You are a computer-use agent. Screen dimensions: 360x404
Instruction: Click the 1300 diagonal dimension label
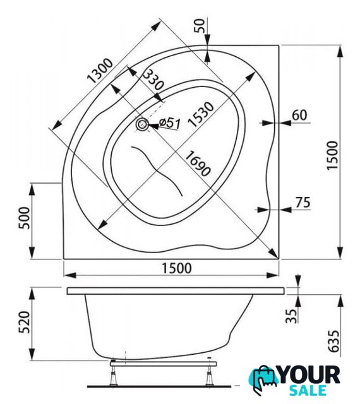point(100,71)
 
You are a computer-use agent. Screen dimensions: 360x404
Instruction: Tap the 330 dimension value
point(153,80)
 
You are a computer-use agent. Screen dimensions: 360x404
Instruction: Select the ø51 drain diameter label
point(170,123)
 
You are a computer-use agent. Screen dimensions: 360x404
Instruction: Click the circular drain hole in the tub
point(142,125)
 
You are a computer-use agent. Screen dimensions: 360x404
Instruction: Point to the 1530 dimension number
point(201,114)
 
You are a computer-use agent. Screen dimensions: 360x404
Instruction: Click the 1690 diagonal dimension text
point(198,164)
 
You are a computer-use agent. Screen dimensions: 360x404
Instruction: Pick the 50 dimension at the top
point(200,25)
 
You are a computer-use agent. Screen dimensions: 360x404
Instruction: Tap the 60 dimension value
point(299,115)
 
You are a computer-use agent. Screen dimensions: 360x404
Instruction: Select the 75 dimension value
point(303,203)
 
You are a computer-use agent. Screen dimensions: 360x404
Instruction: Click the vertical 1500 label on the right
point(332,155)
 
